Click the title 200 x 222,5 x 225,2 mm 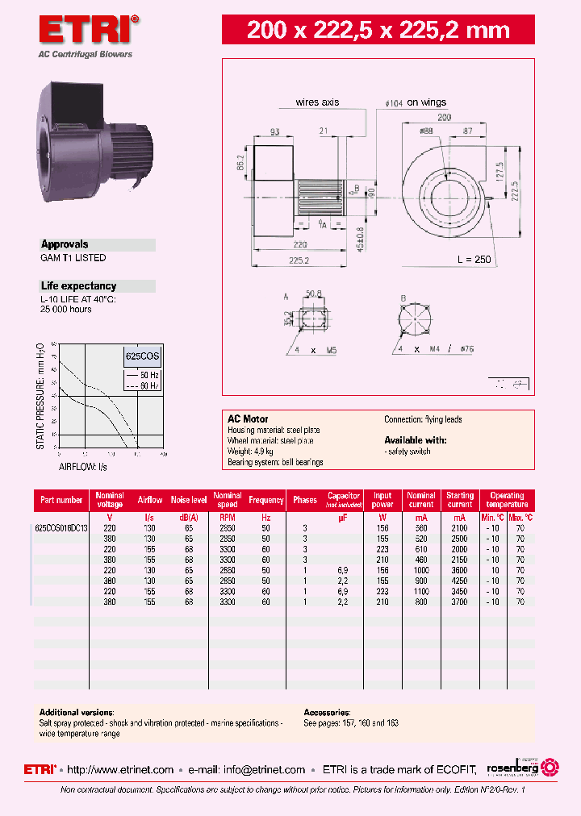tap(378, 31)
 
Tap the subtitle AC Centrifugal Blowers tap(86, 55)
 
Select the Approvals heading tap(65, 244)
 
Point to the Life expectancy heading tap(78, 286)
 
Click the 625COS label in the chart tap(142, 355)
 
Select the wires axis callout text tap(317, 102)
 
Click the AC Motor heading tap(248, 419)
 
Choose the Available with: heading tap(415, 440)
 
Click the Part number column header tap(62, 500)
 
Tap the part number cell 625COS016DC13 tap(62, 527)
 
